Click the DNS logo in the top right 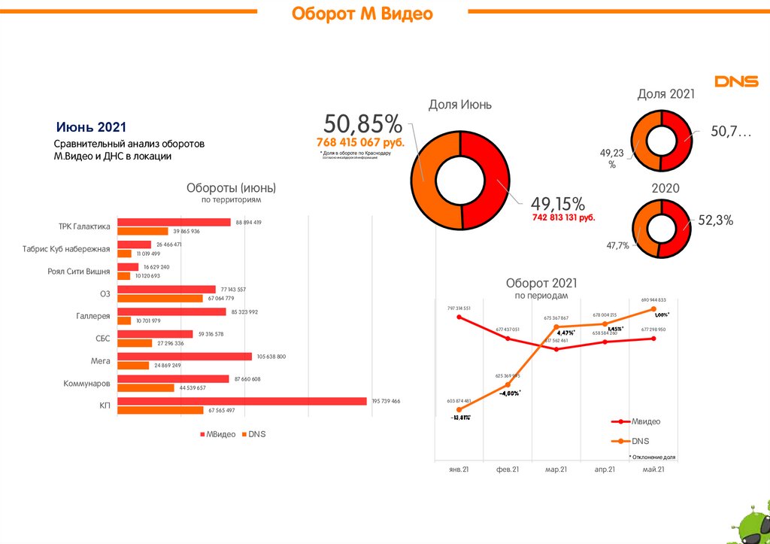(x=735, y=81)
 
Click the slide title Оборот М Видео (x=362, y=14)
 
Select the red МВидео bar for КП (x=243, y=401)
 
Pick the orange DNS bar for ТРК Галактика (x=143, y=231)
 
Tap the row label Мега (x=101, y=361)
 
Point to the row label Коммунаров (x=86, y=384)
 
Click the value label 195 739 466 (x=386, y=401)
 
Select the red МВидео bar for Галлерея (x=172, y=312)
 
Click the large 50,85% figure (x=362, y=124)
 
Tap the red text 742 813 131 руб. (x=563, y=217)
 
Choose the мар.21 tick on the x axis (x=557, y=470)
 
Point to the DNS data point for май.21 (x=654, y=309)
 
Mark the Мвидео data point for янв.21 (x=459, y=318)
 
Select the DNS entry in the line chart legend (x=640, y=441)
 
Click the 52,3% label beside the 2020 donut (x=715, y=220)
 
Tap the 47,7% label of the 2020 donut (x=617, y=245)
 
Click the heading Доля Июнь (x=460, y=105)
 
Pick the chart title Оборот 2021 (x=541, y=283)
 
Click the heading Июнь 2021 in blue (x=92, y=126)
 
